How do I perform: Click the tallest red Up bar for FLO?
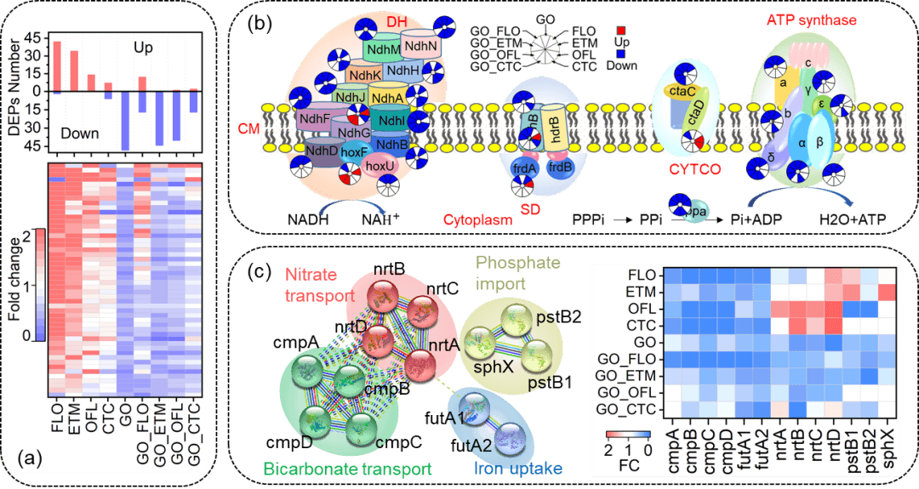click(x=58, y=66)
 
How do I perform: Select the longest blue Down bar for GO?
click(x=125, y=120)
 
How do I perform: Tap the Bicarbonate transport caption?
click(x=348, y=468)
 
